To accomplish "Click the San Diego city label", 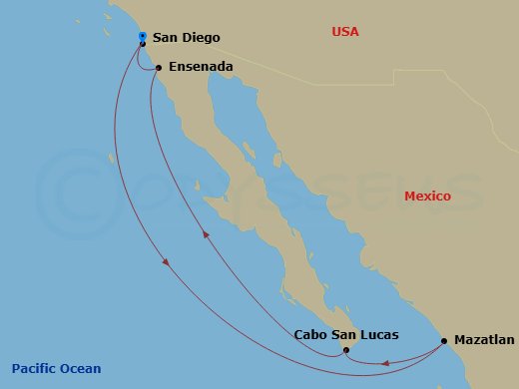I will (x=186, y=38).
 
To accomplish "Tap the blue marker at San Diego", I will (x=143, y=36).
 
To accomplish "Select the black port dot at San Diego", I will (x=143, y=44).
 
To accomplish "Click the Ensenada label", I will (x=201, y=67).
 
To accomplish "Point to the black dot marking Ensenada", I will (x=159, y=68).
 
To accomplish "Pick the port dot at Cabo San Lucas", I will (x=345, y=350).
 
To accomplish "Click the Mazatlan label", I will (x=484, y=340).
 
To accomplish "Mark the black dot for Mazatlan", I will (x=443, y=341).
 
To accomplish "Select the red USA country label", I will (x=345, y=32).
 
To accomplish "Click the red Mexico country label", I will (x=428, y=196).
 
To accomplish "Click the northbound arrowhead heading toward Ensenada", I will (x=207, y=235).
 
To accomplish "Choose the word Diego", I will (x=201, y=38).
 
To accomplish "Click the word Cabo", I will (x=311, y=336).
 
